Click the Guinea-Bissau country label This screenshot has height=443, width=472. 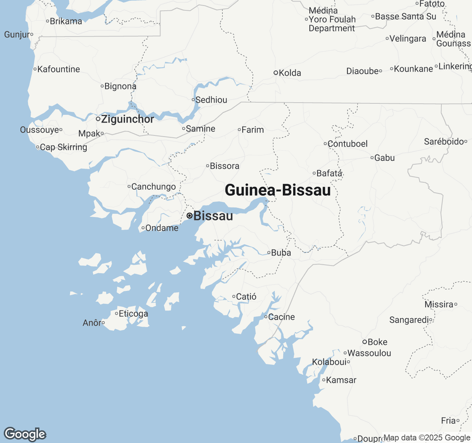click(278, 190)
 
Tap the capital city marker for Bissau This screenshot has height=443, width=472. click(190, 216)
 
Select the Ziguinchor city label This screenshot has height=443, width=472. click(128, 119)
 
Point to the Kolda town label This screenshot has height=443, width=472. click(290, 73)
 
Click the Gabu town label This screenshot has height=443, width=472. click(385, 158)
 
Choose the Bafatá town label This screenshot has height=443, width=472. click(329, 173)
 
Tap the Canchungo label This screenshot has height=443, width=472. click(153, 187)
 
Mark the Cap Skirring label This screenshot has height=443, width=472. click(63, 147)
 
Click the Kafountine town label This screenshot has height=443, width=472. click(59, 69)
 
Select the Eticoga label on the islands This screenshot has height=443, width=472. click(133, 314)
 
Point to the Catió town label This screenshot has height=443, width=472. click(246, 297)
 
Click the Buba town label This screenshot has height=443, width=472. click(281, 253)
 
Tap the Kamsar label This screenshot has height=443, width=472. click(341, 380)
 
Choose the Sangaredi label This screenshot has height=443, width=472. click(409, 320)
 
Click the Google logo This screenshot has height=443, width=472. click(25, 434)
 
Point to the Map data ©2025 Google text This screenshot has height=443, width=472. click(427, 438)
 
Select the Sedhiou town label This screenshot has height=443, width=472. click(211, 100)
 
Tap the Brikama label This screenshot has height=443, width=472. click(66, 21)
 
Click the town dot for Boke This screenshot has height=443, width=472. click(364, 342)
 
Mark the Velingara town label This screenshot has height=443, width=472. click(408, 39)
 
